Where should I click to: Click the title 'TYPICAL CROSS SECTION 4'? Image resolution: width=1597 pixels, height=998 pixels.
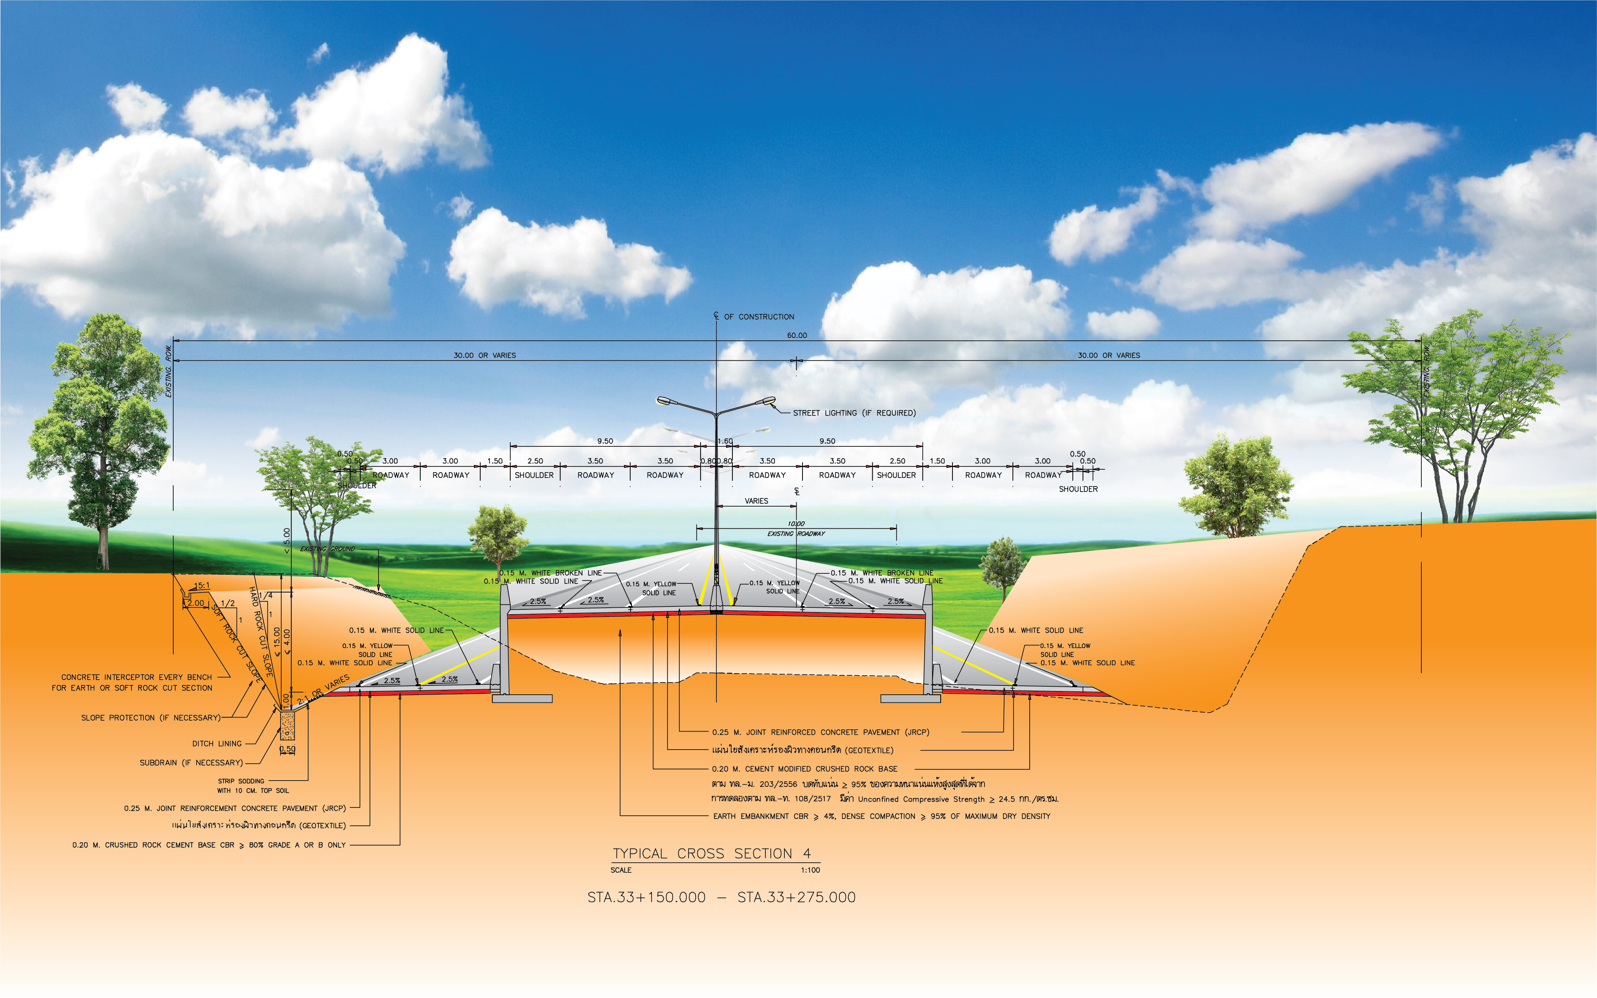(711, 854)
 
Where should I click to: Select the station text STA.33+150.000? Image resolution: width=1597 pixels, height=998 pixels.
(646, 897)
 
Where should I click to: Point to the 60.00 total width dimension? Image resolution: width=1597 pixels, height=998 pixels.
(797, 335)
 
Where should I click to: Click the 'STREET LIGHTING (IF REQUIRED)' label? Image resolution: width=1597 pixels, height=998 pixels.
(854, 413)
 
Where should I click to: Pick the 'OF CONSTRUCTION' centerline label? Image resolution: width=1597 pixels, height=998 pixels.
(759, 317)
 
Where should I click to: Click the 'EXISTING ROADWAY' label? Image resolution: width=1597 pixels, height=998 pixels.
(796, 533)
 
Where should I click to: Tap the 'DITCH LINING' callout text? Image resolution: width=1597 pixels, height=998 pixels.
(216, 743)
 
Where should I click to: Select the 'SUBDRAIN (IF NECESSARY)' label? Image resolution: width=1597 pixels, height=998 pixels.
(191, 762)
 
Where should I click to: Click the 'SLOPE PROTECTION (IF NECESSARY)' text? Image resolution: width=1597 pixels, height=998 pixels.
(150, 718)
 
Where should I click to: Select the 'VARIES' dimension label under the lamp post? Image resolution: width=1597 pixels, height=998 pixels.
(756, 501)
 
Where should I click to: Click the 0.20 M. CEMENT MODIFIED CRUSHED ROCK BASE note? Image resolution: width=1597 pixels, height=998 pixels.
(805, 769)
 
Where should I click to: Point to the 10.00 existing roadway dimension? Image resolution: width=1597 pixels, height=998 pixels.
(796, 523)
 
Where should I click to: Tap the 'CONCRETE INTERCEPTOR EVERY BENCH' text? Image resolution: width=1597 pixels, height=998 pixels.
(136, 677)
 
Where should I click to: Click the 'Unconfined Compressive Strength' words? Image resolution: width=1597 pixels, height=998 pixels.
(921, 799)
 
